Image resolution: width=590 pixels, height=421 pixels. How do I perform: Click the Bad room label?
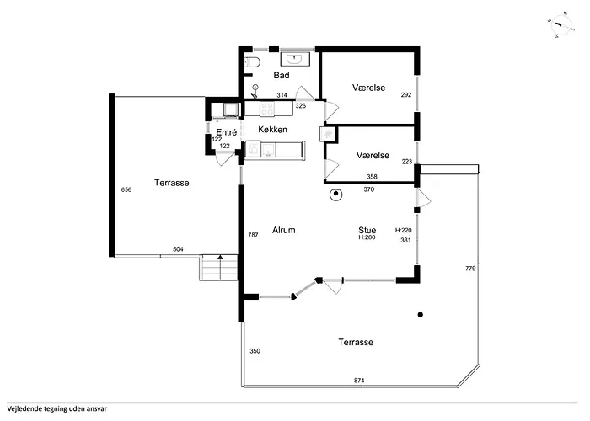tap(282, 76)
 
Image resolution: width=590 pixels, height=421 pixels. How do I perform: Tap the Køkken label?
tap(273, 130)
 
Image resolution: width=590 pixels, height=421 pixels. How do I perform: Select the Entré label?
tap(226, 133)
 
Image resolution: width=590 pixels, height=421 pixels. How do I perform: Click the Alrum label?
tap(283, 230)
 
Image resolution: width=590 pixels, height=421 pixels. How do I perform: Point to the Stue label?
tap(367, 229)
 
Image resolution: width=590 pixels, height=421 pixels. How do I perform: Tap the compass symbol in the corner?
tap(557, 24)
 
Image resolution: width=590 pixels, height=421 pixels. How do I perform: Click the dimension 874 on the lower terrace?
tap(359, 381)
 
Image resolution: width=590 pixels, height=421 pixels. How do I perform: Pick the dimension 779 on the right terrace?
tap(470, 268)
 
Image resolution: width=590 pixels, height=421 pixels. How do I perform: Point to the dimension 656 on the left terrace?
tap(126, 189)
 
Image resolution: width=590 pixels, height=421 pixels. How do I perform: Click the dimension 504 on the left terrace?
tap(178, 249)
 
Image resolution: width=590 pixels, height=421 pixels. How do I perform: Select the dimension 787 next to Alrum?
tap(252, 234)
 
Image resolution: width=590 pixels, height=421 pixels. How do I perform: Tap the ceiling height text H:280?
tap(367, 237)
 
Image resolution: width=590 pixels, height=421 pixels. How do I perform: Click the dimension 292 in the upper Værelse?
tap(405, 95)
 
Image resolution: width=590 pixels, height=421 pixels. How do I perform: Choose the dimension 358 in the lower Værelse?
tap(372, 176)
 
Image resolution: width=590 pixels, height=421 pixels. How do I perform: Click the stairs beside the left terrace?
tap(216, 269)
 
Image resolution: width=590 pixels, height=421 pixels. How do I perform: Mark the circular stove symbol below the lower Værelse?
tap(335, 195)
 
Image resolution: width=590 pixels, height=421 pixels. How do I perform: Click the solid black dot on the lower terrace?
tap(419, 315)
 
